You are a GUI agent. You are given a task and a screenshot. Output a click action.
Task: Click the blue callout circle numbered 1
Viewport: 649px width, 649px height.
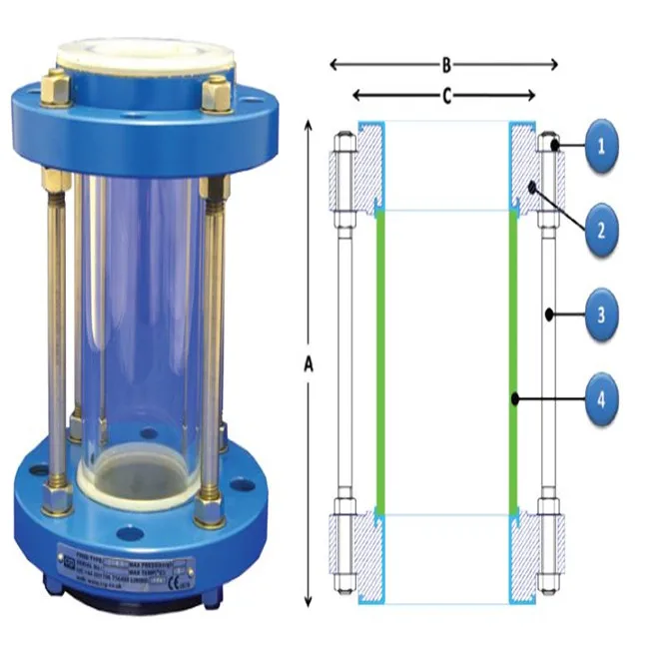(601, 147)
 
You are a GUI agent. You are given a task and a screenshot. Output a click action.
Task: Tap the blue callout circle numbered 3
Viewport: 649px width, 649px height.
(601, 316)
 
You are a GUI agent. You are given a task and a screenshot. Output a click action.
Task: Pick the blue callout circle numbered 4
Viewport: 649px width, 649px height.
(601, 399)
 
